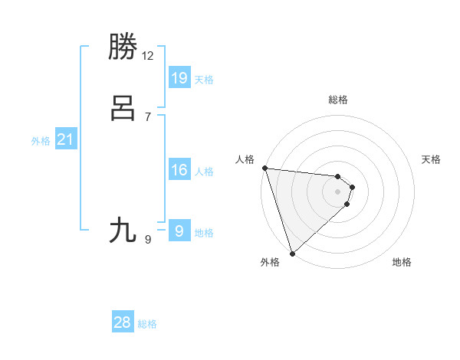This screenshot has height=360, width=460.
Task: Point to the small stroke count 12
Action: [148, 56]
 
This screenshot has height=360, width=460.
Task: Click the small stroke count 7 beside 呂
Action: [148, 117]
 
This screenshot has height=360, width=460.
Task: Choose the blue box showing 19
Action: [179, 77]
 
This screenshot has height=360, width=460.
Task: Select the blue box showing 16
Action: [179, 170]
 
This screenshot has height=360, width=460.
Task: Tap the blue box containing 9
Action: [179, 230]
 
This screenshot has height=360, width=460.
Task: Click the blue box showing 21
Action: [65, 139]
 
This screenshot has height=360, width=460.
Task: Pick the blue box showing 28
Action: [123, 322]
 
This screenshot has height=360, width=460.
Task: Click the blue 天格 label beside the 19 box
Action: [204, 80]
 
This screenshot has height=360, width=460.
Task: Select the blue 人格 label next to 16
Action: [204, 172]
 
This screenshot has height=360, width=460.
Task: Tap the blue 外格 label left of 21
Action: [41, 141]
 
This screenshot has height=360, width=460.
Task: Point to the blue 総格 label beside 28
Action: [147, 324]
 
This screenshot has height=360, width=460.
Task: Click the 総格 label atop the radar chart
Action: [338, 100]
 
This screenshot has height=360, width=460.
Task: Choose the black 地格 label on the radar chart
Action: [402, 262]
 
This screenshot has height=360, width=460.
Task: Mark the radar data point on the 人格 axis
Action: [264, 168]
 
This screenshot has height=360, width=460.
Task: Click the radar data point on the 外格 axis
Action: [292, 253]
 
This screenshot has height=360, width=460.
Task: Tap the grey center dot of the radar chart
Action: [338, 191]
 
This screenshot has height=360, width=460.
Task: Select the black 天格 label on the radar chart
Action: [431, 159]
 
